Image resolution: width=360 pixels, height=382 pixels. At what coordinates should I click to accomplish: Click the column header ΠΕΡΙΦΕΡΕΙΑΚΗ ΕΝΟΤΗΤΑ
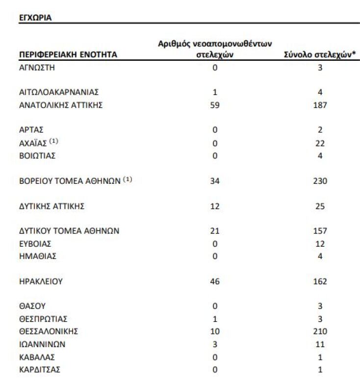[x=68, y=55]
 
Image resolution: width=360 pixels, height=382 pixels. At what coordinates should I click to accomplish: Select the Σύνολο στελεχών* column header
[x=319, y=55]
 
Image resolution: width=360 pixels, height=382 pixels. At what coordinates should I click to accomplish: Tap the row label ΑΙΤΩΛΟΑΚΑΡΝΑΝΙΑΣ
[x=59, y=92]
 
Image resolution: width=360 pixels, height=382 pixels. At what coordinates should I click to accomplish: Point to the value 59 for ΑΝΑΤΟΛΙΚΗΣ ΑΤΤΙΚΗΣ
[x=214, y=105]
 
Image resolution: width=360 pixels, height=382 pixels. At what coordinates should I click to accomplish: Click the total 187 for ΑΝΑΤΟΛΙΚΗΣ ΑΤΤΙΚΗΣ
[x=320, y=105]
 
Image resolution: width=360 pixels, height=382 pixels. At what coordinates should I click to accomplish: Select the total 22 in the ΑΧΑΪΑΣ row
[x=320, y=143]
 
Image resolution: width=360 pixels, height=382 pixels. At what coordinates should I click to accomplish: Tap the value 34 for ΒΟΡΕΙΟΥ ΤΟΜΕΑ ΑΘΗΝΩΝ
[x=214, y=181]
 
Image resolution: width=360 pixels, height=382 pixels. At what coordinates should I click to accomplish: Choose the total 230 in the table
[x=320, y=181]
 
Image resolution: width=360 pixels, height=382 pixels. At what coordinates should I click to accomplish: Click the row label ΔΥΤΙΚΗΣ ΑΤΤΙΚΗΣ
[x=52, y=206]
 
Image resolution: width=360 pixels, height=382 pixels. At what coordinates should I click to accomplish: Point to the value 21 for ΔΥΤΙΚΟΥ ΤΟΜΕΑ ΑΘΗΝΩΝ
[x=214, y=231]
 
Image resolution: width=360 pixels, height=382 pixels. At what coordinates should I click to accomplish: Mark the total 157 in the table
[x=320, y=231]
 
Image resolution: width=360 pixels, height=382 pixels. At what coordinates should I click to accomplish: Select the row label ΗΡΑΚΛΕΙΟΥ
[x=41, y=282]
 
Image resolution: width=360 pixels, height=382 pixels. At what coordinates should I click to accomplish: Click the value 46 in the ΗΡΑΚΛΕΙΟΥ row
[x=214, y=282]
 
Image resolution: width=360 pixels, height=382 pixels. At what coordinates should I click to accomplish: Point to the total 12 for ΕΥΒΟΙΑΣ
[x=320, y=244]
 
